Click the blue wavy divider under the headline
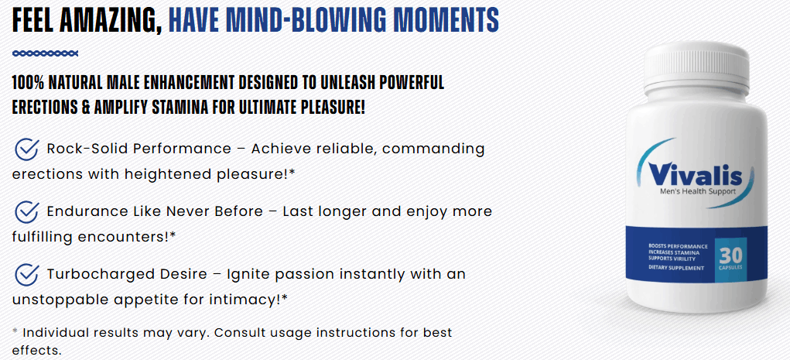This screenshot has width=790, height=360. (46, 53)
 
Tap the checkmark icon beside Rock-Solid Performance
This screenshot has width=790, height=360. (27, 149)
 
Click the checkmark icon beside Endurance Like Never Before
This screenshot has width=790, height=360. (27, 211)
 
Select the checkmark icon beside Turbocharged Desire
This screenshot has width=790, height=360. (27, 274)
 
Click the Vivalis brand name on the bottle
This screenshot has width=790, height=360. (696, 174)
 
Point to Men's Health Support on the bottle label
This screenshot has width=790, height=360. (698, 191)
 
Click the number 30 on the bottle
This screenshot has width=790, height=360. (730, 255)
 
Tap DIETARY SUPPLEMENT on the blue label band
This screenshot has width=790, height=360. (676, 268)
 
